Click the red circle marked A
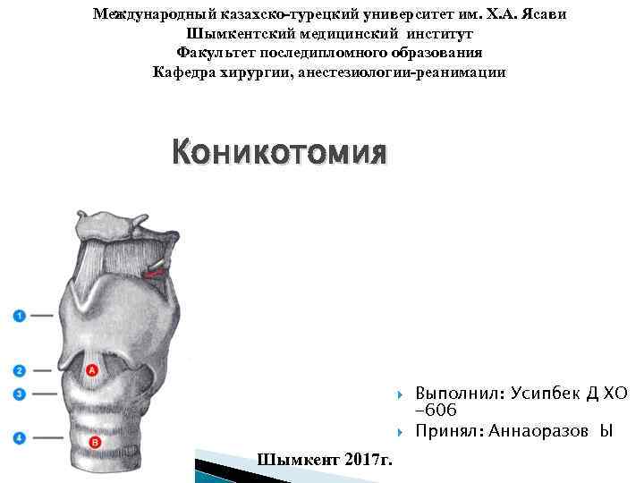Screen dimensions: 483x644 pos(92,369)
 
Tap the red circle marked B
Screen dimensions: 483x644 pos(95,442)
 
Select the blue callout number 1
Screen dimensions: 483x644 pos(20,315)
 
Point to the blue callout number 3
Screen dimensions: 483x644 pos(20,394)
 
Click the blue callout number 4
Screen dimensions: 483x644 pos(20,437)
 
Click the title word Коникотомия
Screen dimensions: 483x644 pos(280,153)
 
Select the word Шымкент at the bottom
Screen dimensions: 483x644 pos(296,460)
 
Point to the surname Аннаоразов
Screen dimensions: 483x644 pos(534,431)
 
